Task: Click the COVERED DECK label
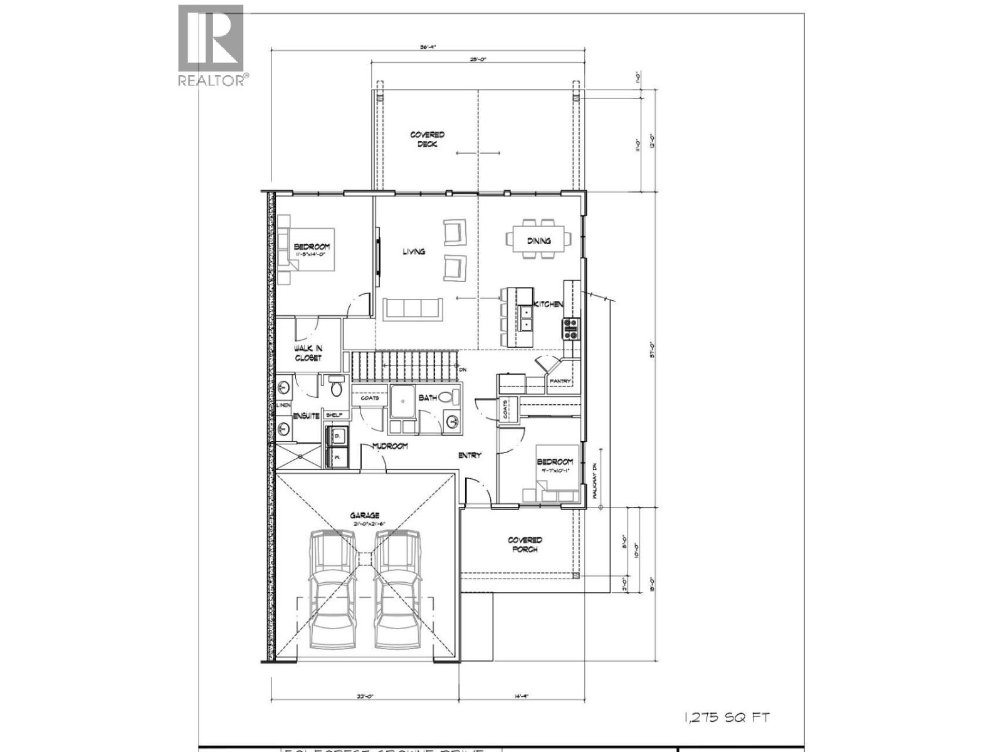(x=428, y=139)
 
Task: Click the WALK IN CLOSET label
(x=308, y=353)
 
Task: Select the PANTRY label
(x=560, y=381)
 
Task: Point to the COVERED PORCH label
(x=525, y=545)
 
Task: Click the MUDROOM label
(x=390, y=446)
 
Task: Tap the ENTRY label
(x=470, y=455)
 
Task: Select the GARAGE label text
(x=364, y=516)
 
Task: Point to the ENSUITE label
(x=306, y=415)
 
